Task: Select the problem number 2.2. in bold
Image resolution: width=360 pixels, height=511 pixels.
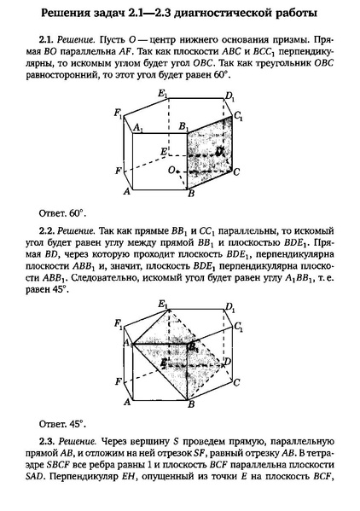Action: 48,230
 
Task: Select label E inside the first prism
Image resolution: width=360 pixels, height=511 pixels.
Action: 162,150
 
